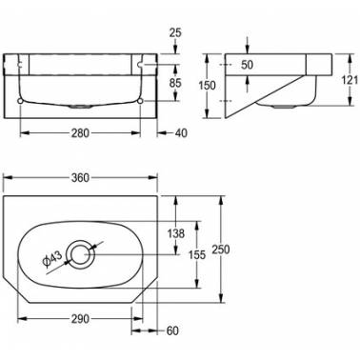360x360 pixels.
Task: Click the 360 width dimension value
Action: pos(80,178)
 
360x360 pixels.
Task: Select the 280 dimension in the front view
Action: pos(80,133)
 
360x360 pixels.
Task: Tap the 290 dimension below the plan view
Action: pos(80,318)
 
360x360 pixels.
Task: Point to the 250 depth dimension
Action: pos(220,250)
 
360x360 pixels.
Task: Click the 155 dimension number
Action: pos(197,254)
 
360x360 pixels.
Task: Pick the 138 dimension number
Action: pos(175,233)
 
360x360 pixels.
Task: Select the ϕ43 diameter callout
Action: pos(51,258)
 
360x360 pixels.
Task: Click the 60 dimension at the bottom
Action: pos(172,330)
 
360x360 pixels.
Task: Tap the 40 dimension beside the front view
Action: pos(181,133)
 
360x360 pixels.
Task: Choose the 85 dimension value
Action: pos(175,83)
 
